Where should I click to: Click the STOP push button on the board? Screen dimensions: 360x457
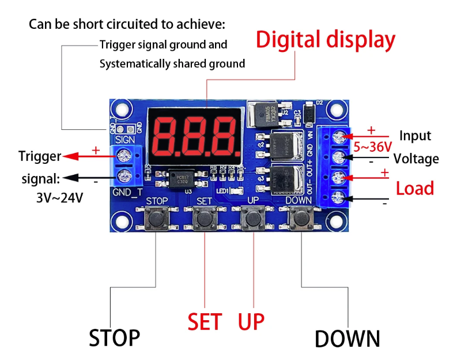pos(156,219)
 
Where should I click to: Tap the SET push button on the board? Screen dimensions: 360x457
pos(204,219)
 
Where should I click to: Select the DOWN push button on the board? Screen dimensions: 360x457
pos(300,219)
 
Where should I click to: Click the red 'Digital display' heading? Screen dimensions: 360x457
pos(326,40)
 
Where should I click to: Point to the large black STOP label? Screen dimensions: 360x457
pos(114,337)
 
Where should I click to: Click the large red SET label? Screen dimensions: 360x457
pos(205,321)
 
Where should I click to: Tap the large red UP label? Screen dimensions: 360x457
pos(251,321)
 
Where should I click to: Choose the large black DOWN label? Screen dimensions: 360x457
pos(348,338)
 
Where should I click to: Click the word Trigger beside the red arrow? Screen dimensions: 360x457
pos(39,156)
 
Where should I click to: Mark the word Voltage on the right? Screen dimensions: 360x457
pos(416,159)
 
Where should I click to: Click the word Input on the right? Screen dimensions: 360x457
pos(415,136)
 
